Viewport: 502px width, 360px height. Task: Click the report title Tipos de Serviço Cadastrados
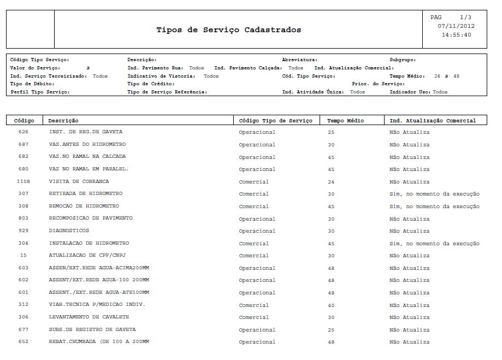[x=228, y=30]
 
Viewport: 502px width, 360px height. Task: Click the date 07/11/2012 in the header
[x=456, y=26]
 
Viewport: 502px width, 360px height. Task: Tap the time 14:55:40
[x=456, y=35]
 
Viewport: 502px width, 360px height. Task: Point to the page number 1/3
[x=465, y=17]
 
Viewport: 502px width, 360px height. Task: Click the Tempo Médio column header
[x=345, y=121]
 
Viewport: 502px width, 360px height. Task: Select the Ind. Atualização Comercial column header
[x=432, y=121]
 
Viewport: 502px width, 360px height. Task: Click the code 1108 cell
[x=23, y=181]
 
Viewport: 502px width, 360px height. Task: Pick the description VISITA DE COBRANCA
[x=79, y=181]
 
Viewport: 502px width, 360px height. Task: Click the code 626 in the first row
[x=23, y=132]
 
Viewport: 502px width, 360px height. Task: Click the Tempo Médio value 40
[x=331, y=305]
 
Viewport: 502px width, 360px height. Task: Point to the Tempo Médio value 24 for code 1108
[x=331, y=182]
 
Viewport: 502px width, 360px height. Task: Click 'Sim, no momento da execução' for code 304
[x=434, y=244]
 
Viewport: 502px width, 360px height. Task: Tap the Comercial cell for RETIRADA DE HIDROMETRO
[x=253, y=194]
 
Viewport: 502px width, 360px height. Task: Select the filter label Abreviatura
[x=299, y=60]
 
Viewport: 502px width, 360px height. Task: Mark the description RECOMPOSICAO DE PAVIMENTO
[x=91, y=219]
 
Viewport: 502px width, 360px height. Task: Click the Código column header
[x=24, y=121]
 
